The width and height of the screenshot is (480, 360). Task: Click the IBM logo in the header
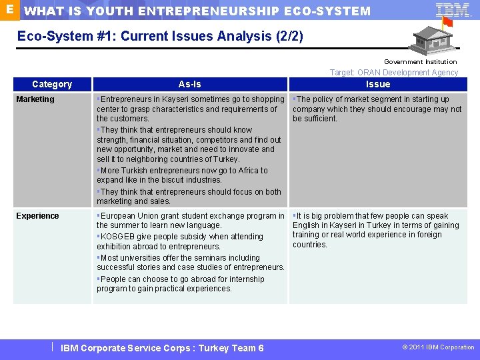pos(453,10)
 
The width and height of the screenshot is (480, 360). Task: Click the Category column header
pos(52,84)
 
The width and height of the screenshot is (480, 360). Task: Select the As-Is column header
pos(190,84)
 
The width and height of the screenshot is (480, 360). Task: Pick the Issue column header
pos(378,84)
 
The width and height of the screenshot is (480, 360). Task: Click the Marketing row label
pos(35,99)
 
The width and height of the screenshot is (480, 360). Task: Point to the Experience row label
pos(37,216)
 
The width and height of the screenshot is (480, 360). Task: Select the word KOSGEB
pos(116,237)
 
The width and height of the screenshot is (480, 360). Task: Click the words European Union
pos(126,216)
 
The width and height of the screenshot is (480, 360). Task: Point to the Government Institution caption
pos(420,62)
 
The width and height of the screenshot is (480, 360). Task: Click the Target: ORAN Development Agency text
pos(394,73)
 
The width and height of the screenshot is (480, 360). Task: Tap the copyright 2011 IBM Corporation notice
pos(437,347)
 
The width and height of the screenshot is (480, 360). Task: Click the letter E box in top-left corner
pos(9,9)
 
